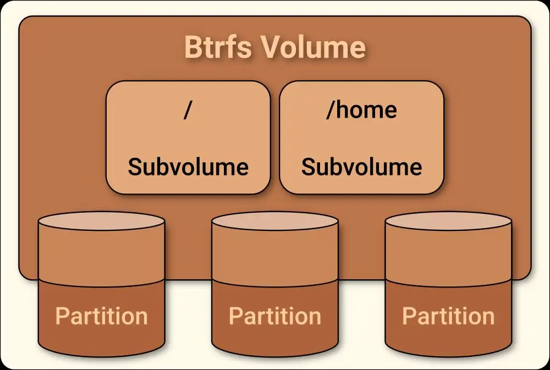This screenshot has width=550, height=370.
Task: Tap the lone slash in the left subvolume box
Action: click(x=188, y=110)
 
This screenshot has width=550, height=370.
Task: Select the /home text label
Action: click(x=361, y=110)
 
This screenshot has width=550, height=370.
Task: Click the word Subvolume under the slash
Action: click(x=188, y=167)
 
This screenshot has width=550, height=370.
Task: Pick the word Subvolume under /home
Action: click(x=361, y=167)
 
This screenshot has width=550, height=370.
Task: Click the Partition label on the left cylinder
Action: click(x=102, y=316)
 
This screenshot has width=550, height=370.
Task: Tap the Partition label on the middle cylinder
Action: click(x=275, y=316)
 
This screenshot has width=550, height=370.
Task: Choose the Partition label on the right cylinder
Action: click(x=448, y=316)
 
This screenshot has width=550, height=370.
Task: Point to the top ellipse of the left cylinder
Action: click(x=102, y=222)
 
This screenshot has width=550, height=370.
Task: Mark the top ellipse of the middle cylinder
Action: click(x=275, y=222)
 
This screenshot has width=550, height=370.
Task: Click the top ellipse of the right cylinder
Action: click(x=448, y=222)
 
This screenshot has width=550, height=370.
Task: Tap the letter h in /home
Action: click(x=342, y=109)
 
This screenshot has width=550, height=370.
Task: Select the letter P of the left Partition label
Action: click(x=62, y=316)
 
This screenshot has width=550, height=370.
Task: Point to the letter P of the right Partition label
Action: click(x=408, y=316)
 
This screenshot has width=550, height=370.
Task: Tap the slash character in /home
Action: click(x=329, y=110)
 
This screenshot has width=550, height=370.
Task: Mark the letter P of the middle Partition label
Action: click(x=235, y=316)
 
